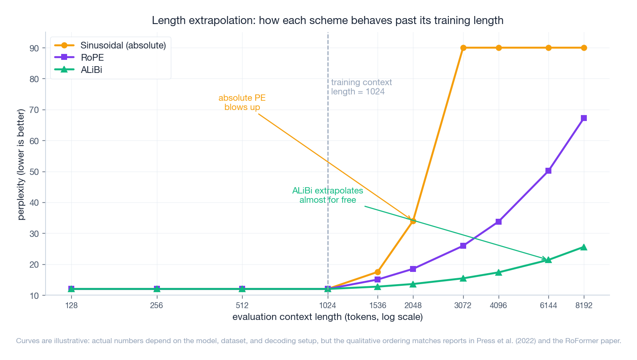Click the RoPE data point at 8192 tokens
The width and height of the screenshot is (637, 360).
[584, 118]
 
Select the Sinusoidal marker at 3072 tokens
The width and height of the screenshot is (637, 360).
[463, 48]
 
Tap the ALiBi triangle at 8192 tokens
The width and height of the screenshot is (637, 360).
[584, 247]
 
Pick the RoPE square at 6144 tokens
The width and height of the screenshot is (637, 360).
[548, 171]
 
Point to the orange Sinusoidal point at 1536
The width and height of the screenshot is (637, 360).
[378, 272]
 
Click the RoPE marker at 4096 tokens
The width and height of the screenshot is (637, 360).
[499, 222]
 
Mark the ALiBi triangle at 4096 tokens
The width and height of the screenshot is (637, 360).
[499, 272]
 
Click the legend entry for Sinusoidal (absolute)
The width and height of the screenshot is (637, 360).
[123, 45]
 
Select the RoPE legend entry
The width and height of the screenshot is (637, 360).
[92, 57]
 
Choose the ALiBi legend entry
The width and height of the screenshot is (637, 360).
[91, 70]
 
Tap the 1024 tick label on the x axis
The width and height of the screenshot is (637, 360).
[328, 306]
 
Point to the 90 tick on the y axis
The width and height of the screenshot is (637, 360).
[34, 48]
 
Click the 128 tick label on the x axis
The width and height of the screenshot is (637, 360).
[71, 306]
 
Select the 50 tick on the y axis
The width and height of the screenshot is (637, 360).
[34, 172]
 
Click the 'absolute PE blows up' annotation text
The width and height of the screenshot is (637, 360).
[242, 102]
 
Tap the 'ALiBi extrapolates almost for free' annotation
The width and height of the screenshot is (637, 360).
[327, 195]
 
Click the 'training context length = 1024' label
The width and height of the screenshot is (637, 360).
[361, 87]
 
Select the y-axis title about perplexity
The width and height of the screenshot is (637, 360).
[21, 164]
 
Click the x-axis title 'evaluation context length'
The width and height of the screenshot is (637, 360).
[327, 317]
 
